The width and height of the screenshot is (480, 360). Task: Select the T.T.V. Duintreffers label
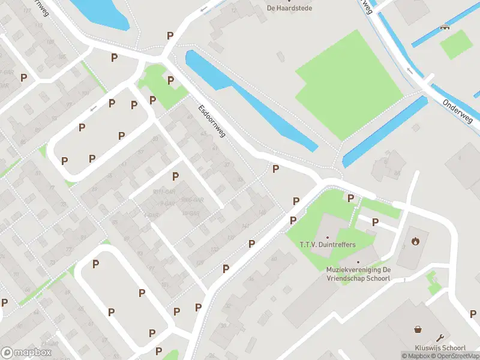[x=327, y=245]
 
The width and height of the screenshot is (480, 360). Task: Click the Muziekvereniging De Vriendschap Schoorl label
[x=358, y=274]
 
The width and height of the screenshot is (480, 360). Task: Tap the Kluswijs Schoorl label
[x=440, y=348]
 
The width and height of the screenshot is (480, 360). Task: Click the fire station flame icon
[x=415, y=242]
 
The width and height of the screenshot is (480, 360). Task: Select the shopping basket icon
[x=418, y=329]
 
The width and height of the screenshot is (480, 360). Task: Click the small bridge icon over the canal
[x=444, y=26]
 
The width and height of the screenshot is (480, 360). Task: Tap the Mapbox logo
[x=26, y=352]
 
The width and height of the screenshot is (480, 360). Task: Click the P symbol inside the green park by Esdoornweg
[x=170, y=80]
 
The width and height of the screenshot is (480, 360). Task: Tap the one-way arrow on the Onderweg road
[x=410, y=70]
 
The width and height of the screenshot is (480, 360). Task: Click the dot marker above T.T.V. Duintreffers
[x=327, y=237]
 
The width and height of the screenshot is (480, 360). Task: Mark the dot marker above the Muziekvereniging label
[x=358, y=262]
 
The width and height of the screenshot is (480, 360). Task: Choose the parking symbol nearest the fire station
[x=375, y=222]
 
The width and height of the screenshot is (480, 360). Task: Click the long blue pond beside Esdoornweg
[x=252, y=99]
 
